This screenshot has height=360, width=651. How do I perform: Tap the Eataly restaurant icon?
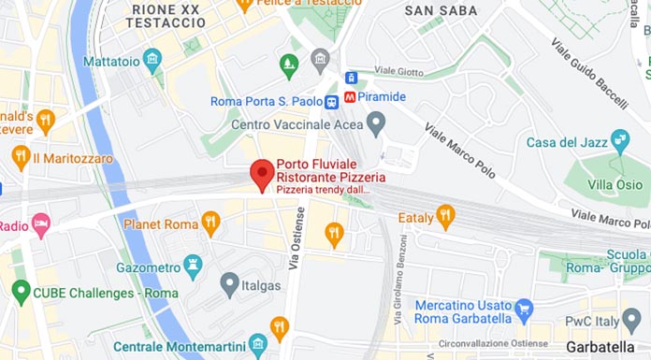pos(446,217)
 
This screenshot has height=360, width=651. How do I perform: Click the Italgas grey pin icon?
pos(230,282)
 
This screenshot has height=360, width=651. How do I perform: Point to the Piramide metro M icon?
pos(350,96)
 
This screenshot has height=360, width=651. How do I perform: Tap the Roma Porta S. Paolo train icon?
pos(332,102)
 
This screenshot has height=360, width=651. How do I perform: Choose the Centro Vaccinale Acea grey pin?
pos(376,122)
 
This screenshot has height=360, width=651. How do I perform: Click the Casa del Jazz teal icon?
pos(619,142)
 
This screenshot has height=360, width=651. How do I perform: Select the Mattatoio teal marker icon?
pos(152,61)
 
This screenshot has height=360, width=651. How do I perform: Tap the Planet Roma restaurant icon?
pos(210,224)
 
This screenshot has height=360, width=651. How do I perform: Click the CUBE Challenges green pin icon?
pos(21,292)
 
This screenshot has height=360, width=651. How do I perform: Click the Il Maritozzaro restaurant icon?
pos(21,158)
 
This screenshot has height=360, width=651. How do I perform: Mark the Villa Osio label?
pos(615,185)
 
